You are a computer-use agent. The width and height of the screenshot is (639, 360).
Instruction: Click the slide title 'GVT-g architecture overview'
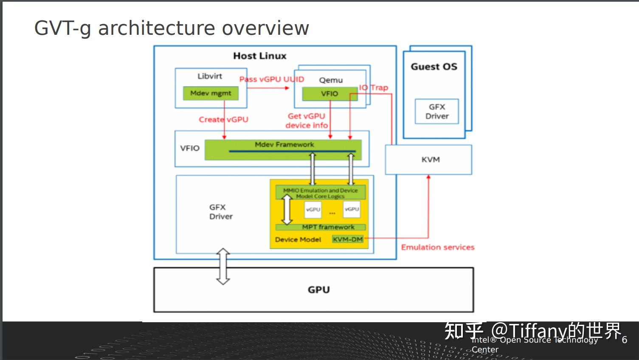tap(171, 28)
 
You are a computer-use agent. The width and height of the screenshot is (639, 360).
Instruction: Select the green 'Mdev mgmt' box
tap(211, 93)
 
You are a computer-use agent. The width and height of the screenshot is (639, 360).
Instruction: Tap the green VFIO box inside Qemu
tap(329, 94)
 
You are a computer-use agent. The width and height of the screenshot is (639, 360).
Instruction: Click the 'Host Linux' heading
tap(260, 56)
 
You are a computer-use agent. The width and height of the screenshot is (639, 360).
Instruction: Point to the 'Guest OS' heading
tap(434, 67)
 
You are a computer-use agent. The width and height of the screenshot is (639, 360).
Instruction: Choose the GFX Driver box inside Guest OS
tap(436, 112)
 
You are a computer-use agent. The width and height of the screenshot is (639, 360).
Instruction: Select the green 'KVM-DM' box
tap(348, 239)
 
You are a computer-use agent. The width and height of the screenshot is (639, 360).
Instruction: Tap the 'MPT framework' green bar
tap(328, 227)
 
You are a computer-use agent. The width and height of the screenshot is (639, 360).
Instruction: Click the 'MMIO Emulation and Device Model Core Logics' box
tap(321, 193)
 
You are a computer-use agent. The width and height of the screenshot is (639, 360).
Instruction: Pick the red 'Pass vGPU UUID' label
tap(271, 79)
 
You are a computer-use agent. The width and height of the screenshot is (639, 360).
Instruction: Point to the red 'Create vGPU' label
tap(223, 120)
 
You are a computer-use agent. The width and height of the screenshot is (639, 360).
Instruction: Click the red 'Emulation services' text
tap(437, 247)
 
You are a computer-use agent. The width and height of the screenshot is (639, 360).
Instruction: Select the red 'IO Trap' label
tap(374, 87)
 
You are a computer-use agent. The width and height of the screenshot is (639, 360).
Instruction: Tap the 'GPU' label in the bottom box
tap(318, 290)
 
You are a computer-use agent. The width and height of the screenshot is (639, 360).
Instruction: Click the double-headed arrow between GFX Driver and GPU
tap(223, 266)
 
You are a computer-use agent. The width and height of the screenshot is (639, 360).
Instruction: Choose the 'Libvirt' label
tap(210, 76)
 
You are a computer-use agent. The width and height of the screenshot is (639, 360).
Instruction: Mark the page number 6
tap(624, 340)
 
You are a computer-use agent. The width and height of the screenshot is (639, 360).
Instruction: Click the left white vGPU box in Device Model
tap(313, 209)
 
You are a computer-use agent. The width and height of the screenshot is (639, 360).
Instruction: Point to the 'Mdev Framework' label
tap(284, 145)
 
